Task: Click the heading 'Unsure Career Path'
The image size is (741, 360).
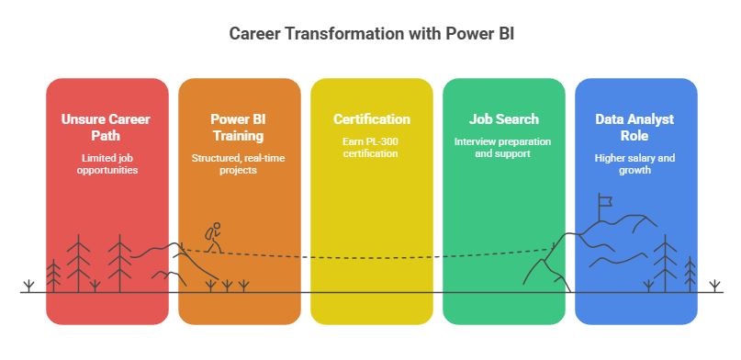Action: (x=107, y=128)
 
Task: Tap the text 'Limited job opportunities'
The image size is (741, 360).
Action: (x=107, y=164)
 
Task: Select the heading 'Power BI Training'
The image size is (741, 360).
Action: (x=238, y=128)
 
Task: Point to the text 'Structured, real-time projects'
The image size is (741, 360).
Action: (x=239, y=164)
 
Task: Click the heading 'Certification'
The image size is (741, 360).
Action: (x=371, y=119)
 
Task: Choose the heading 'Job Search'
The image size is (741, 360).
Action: (x=503, y=119)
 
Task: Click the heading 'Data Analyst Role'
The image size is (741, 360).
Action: (x=635, y=128)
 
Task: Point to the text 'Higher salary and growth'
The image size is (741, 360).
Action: (x=635, y=164)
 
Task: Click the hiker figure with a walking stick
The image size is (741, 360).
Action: (x=213, y=237)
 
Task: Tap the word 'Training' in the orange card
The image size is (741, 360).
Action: (x=238, y=136)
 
